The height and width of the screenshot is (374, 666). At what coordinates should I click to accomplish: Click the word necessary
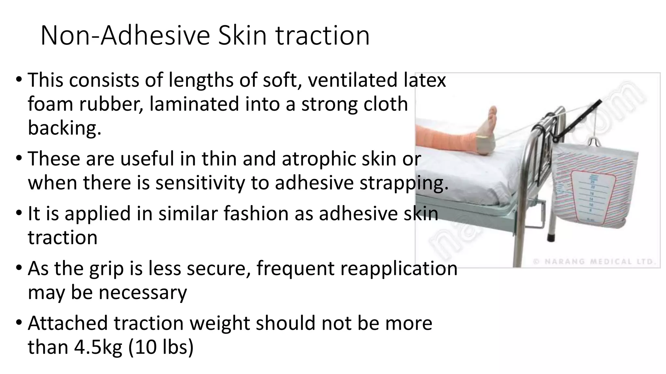point(143,292)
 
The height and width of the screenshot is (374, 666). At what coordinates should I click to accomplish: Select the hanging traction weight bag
point(597,185)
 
